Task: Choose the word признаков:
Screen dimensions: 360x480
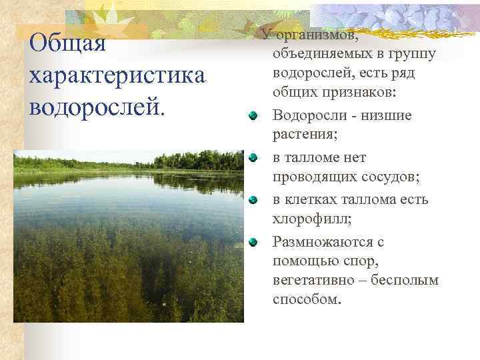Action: coord(361,95)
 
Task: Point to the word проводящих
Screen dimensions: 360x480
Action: coord(315,179)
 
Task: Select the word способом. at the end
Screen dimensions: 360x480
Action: coord(307,300)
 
